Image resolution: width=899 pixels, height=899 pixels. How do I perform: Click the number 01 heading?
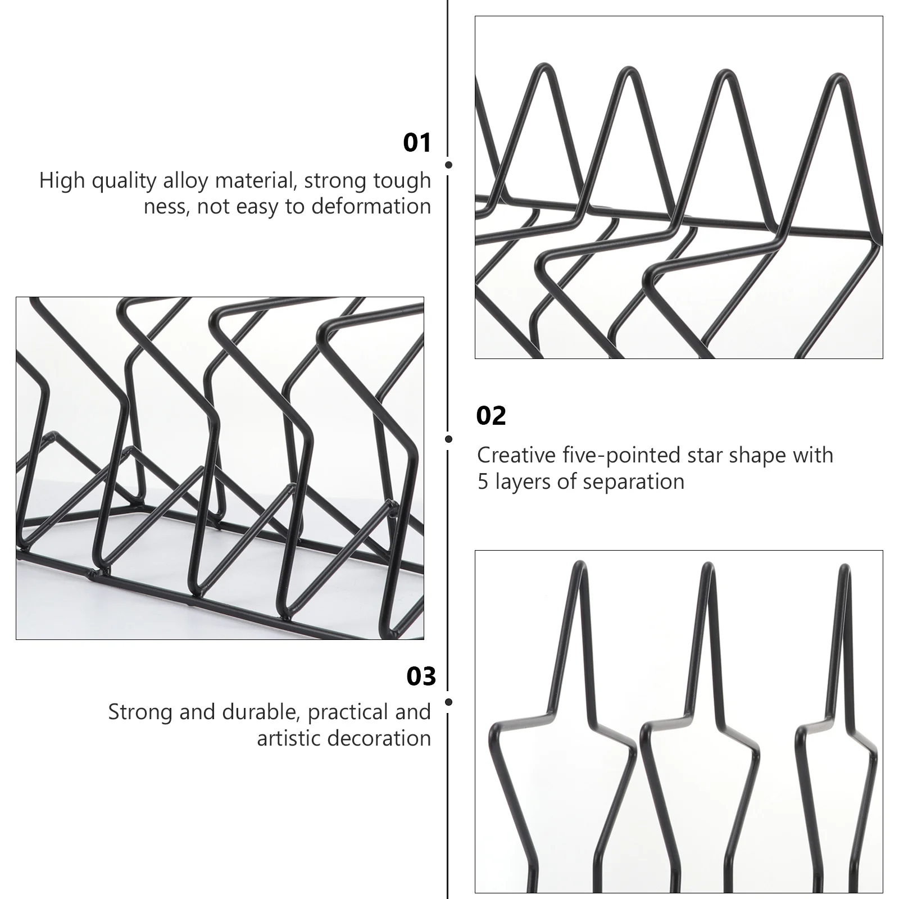(x=417, y=143)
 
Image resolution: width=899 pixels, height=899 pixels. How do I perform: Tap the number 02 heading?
(x=491, y=416)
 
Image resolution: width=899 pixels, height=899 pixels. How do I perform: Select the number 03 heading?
(x=421, y=676)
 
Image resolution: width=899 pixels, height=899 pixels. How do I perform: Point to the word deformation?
(x=371, y=206)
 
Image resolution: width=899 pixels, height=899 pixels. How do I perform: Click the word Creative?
(x=516, y=455)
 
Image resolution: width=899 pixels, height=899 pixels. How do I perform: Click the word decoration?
(x=383, y=738)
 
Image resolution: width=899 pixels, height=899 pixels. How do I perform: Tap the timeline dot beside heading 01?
(x=448, y=165)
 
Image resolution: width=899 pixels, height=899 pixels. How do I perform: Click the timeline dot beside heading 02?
(x=448, y=439)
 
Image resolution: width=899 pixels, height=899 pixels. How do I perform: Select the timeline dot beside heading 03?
(x=448, y=702)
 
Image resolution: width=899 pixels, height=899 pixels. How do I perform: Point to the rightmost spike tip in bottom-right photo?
(x=843, y=566)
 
